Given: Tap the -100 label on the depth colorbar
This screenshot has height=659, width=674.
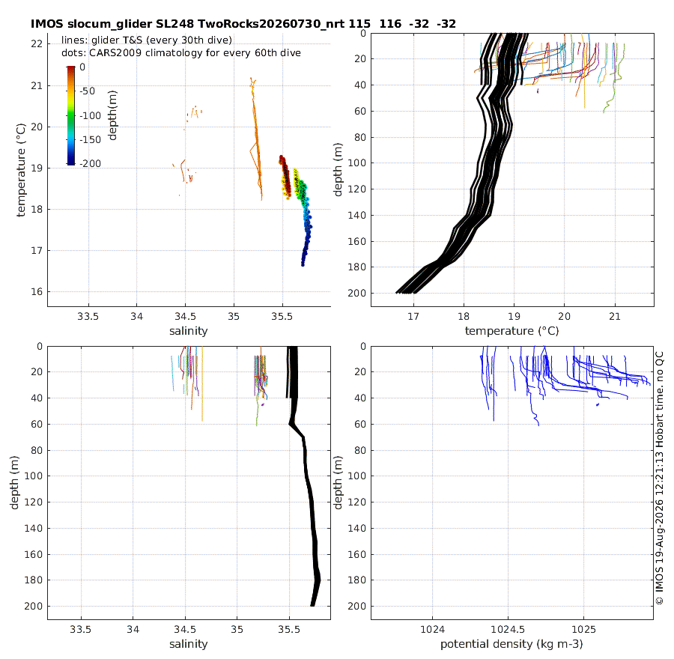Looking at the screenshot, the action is tap(91, 115).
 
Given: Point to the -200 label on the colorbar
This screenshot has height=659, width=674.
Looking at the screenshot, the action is tap(91, 163).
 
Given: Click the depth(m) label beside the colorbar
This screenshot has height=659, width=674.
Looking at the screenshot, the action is tap(112, 115).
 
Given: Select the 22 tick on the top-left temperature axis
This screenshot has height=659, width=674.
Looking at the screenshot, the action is tap(37, 44).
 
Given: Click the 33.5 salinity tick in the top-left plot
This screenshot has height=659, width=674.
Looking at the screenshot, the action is tap(88, 317).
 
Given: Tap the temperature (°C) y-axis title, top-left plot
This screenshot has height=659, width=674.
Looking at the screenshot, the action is tap(21, 170).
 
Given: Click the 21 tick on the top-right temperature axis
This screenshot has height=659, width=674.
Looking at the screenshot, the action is tap(615, 317).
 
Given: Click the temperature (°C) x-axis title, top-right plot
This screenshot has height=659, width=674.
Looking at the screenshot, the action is tap(512, 331).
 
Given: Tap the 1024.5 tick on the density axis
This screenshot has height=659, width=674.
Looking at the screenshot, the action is tap(508, 630).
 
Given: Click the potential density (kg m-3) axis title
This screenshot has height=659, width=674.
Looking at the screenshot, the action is tap(511, 644).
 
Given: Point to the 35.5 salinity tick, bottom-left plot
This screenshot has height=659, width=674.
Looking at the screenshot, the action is tap(289, 630).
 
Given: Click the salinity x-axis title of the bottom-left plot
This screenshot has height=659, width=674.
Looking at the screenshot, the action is tap(189, 644).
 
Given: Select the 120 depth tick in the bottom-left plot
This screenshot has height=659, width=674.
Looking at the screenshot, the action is tap(34, 502).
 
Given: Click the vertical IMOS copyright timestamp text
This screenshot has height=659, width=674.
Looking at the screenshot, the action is tap(659, 478).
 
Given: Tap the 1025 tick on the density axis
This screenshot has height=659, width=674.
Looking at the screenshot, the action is tap(583, 630).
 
